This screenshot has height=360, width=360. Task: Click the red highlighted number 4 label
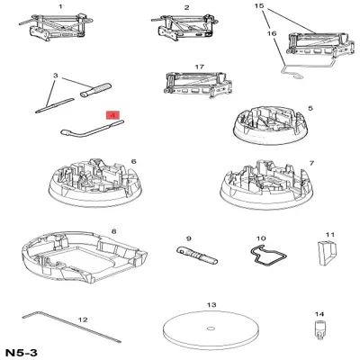pyautogui.click(x=112, y=115)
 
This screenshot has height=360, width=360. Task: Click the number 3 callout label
pyautogui.click(x=56, y=76)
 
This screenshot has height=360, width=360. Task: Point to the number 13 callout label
pyautogui.click(x=212, y=306)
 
